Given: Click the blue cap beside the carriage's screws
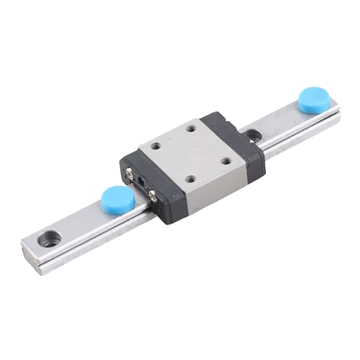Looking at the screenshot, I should pyautogui.click(x=117, y=198).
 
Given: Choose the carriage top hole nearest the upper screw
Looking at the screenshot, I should pyautogui.click(x=162, y=148).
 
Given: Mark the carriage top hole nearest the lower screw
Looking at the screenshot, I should pyautogui.click(x=191, y=179).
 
